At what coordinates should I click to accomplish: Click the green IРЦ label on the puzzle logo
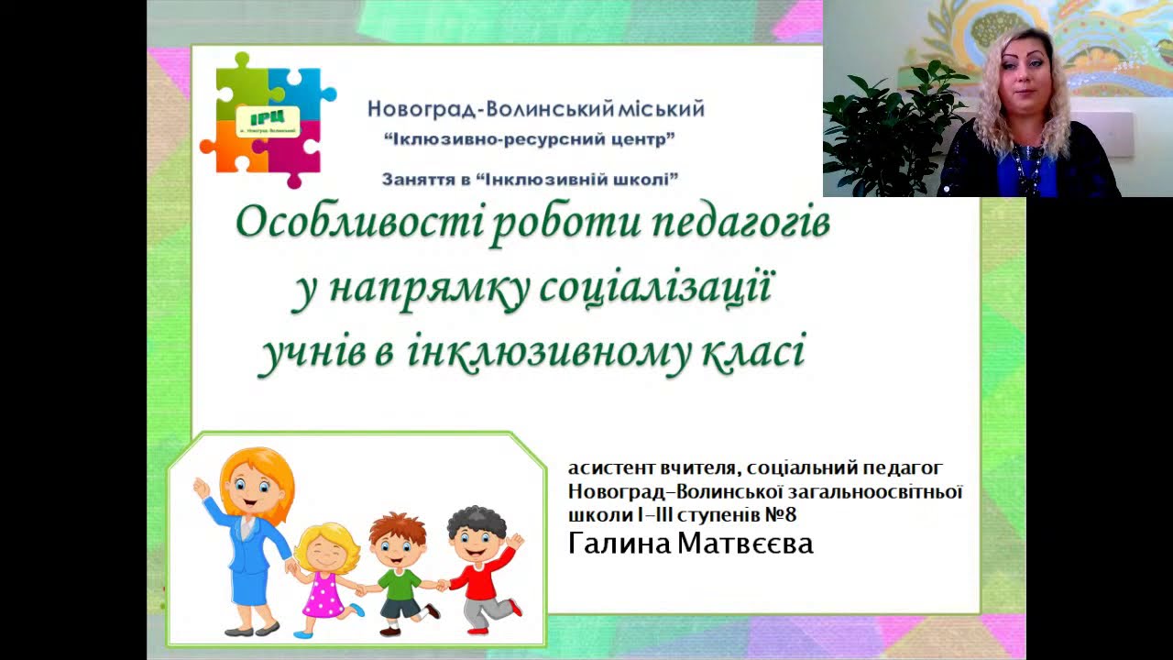point(269,122)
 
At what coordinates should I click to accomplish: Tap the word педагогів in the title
point(740,226)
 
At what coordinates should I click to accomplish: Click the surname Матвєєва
point(745,544)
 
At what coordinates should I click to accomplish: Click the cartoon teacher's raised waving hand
point(202,488)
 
